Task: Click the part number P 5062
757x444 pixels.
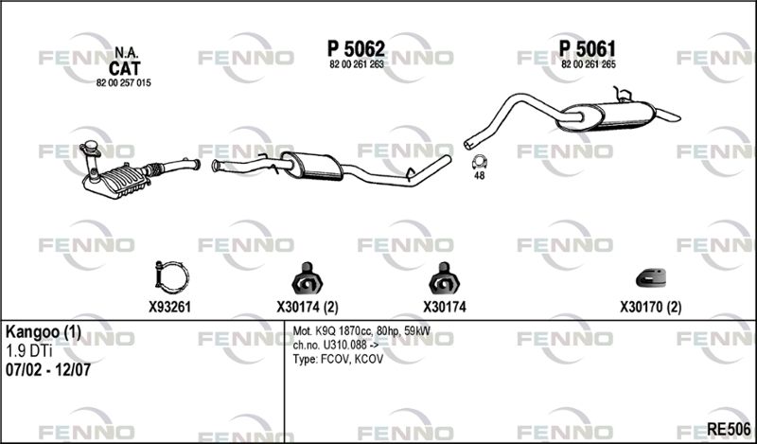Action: tap(356, 47)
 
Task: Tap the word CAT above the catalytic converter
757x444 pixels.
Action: tap(124, 68)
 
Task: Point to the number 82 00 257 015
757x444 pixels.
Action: tap(124, 83)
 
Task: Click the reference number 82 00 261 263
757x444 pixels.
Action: tap(356, 64)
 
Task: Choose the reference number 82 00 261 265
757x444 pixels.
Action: tap(589, 64)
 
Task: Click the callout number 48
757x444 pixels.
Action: tap(479, 176)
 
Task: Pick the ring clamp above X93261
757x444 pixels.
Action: tap(169, 278)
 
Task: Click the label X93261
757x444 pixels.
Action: tap(169, 307)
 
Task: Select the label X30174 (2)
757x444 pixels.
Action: tap(308, 307)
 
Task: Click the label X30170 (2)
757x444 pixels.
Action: tap(650, 307)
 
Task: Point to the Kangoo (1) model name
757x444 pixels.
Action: tap(44, 333)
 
